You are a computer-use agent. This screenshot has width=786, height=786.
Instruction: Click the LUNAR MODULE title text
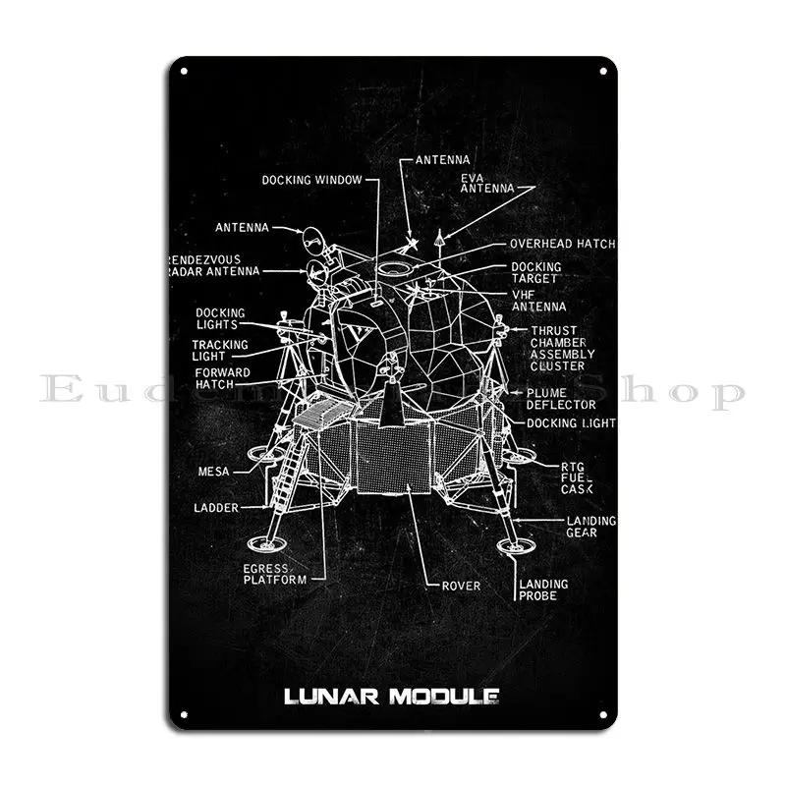391,699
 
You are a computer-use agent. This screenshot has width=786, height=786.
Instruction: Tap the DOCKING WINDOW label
311,180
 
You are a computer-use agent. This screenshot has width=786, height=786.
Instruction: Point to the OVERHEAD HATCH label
562,244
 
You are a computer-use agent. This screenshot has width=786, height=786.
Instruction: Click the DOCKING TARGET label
535,272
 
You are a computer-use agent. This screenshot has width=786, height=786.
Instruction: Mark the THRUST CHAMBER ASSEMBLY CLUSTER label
563,348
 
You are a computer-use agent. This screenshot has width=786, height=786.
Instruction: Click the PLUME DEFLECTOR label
561,398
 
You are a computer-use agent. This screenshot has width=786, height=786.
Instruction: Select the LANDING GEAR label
590,527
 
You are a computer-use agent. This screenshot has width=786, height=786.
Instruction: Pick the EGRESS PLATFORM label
275,574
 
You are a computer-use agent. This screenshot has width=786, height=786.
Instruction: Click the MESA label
213,472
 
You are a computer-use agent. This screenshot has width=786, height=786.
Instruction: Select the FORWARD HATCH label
221,378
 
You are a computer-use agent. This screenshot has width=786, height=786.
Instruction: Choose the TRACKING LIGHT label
219,351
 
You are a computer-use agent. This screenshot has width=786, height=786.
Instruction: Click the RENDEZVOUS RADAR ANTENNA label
214,265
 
